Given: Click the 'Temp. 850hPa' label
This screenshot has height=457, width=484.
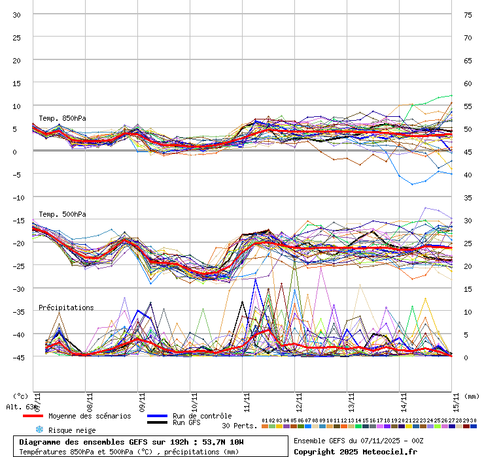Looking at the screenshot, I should pyautogui.click(x=62, y=118).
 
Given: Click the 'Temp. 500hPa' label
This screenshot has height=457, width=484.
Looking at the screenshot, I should pyautogui.click(x=62, y=214).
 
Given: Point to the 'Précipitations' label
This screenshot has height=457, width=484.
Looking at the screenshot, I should pyautogui.click(x=66, y=307).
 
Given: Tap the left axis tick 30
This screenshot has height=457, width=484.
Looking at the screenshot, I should pyautogui.click(x=17, y=14).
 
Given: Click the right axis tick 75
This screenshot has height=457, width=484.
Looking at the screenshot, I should pyautogui.click(x=468, y=14).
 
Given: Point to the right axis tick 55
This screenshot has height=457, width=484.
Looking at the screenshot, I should pyautogui.click(x=468, y=106).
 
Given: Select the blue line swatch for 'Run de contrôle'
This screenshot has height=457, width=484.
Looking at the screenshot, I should pyautogui.click(x=157, y=416).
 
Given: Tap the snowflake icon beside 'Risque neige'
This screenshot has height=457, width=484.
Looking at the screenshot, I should pyautogui.click(x=39, y=430).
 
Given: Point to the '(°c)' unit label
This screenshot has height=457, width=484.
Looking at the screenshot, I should pyautogui.click(x=20, y=396).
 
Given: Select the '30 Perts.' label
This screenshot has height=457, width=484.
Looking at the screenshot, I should pyautogui.click(x=239, y=426).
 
